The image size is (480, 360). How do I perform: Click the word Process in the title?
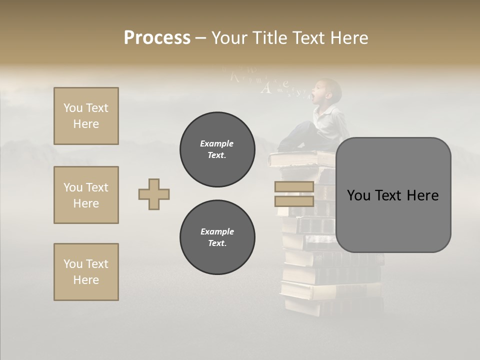[x=157, y=38]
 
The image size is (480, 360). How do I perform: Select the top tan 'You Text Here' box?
[x=86, y=116]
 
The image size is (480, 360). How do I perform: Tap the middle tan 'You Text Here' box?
[x=86, y=195]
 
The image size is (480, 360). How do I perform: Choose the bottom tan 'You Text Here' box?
[x=86, y=272]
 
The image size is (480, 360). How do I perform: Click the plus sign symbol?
[x=154, y=194]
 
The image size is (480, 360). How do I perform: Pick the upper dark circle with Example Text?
[x=217, y=149]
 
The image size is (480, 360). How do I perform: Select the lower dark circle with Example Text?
[x=217, y=237]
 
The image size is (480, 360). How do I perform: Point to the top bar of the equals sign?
[x=294, y=187]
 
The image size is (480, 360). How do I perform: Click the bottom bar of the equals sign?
[x=294, y=201]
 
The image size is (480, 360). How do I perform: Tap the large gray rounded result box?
[x=393, y=195]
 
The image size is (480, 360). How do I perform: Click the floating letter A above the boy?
[x=266, y=89]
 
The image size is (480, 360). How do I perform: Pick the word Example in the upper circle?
[x=217, y=144]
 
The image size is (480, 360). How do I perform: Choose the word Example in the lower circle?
[x=217, y=232]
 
